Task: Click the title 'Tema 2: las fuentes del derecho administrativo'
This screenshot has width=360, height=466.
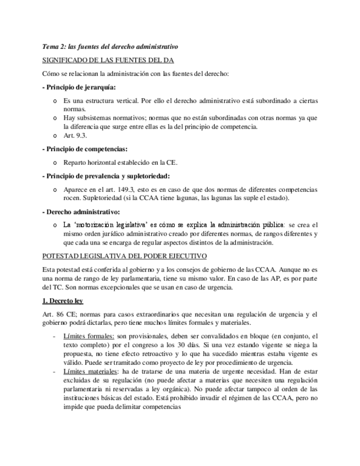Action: [x=110, y=47]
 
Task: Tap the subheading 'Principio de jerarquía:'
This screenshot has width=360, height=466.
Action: [x=80, y=87]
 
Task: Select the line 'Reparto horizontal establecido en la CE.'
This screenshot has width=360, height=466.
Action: [x=120, y=162]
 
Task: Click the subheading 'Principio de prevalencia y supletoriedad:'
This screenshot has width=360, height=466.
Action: [x=108, y=176]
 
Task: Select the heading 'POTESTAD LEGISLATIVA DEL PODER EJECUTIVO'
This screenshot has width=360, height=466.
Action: [x=124, y=256]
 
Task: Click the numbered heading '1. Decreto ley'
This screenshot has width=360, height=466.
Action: [x=63, y=301]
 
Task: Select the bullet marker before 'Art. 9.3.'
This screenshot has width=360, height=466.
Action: [x=54, y=135]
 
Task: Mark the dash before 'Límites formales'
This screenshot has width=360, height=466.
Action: [x=53, y=336]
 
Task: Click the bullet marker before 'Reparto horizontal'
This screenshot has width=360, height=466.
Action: [x=54, y=163]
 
